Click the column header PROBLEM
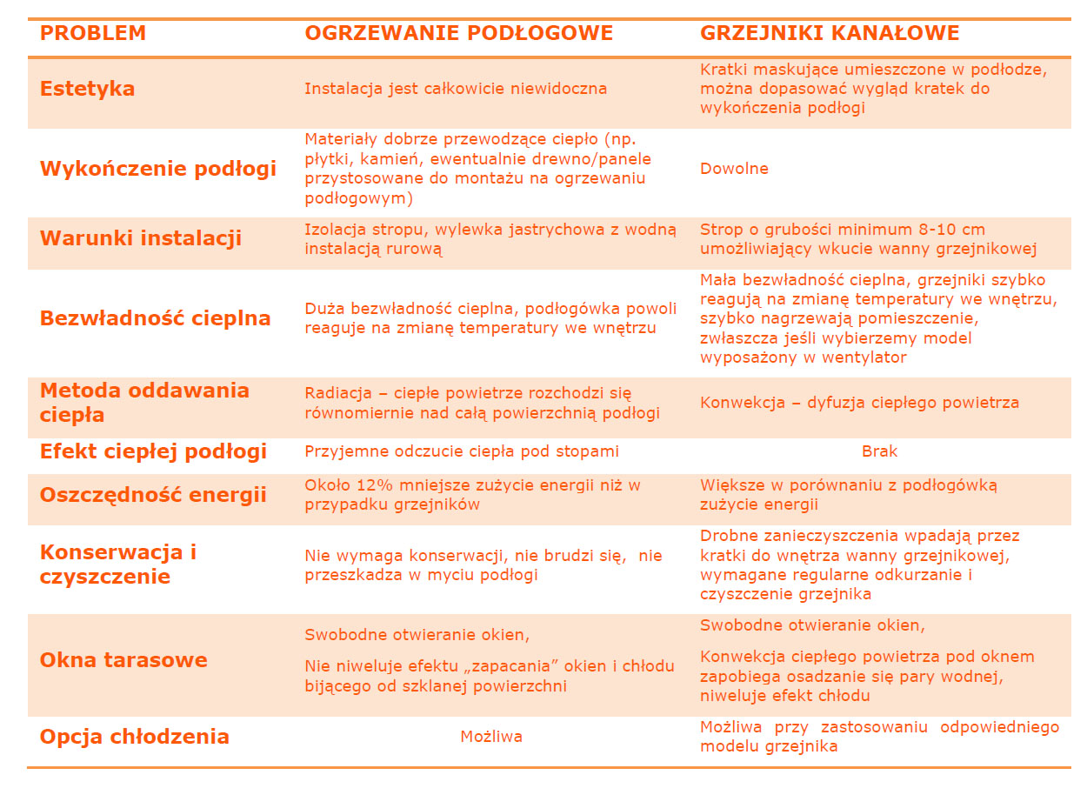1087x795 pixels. pos(92,34)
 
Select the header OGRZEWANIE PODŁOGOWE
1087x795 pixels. pos(458,34)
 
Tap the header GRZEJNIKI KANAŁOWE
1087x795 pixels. pos(830,34)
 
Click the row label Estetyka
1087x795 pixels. pos(87,89)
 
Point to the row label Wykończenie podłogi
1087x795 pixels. pos(157,169)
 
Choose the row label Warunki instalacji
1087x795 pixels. pos(140,238)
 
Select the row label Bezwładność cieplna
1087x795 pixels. pos(155,318)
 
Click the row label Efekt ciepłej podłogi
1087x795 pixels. pos(153,451)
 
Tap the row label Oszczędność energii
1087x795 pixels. pos(153,495)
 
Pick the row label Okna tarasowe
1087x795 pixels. pos(123,659)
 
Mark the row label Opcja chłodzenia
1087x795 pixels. pos(134,737)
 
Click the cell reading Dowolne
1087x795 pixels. pos(734,169)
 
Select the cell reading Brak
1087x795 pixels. pos(879,451)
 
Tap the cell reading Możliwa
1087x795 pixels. pos(491,737)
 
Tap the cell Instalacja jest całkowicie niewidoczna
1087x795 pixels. pos(455,89)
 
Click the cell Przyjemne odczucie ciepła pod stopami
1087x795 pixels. pos(461,451)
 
